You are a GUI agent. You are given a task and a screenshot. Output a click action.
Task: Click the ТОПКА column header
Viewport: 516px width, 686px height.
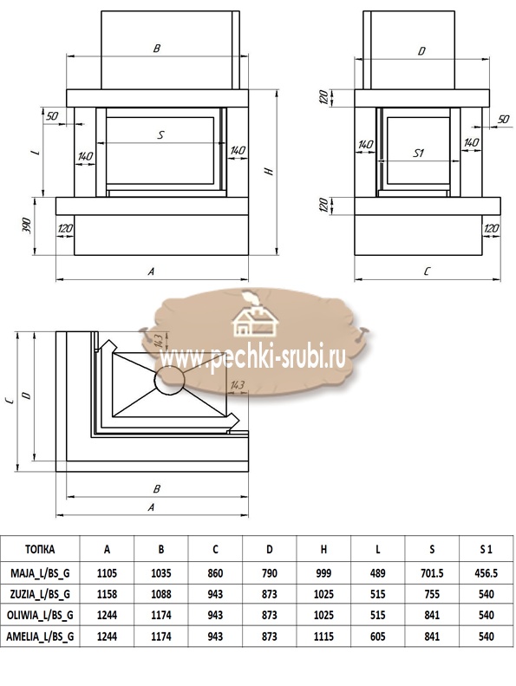(x=40, y=549)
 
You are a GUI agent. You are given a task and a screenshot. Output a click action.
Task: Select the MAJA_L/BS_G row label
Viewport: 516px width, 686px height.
(x=40, y=572)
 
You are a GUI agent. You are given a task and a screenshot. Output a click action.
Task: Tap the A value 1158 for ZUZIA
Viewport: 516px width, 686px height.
(x=107, y=594)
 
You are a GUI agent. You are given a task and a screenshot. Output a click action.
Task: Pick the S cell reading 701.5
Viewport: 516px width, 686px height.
(x=432, y=572)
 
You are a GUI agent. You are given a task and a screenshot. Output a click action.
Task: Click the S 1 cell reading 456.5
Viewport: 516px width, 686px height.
(x=486, y=572)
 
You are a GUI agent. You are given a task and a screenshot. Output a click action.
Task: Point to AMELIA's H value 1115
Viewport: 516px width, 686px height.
(x=323, y=636)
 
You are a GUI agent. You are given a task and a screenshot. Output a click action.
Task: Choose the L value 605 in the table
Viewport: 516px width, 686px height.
(x=378, y=636)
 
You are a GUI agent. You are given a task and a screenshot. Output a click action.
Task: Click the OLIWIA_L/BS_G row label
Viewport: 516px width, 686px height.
(x=40, y=615)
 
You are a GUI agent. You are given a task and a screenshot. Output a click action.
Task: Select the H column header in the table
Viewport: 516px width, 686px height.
(x=323, y=549)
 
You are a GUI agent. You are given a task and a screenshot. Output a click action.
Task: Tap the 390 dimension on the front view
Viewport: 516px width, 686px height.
(x=27, y=225)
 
